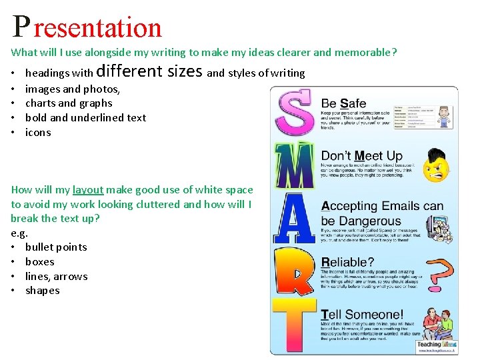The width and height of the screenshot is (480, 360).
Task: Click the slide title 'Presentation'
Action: coord(87,27)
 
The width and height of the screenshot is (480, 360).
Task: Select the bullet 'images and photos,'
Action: coord(73,89)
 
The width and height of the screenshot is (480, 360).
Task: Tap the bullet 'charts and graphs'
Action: coord(69,103)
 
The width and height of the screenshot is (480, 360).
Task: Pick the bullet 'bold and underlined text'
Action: coord(85,118)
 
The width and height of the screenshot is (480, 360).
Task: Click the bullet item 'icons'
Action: coord(38,133)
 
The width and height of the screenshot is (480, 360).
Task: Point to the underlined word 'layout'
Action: coord(88,190)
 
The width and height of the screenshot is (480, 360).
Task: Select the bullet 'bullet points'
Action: coord(56,247)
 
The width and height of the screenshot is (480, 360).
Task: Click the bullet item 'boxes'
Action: coord(40,262)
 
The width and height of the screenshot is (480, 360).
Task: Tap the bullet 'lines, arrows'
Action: coord(57,277)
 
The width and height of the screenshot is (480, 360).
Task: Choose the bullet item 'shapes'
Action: coord(43,291)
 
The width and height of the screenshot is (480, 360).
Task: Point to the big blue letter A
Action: coord(294,220)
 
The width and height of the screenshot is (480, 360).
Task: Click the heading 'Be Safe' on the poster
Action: coord(343,103)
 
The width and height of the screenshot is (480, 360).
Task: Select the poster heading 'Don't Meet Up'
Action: coord(362,156)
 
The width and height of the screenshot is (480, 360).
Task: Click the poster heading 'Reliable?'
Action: coord(347,262)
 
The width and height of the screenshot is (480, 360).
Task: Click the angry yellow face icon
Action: coord(437,165)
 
